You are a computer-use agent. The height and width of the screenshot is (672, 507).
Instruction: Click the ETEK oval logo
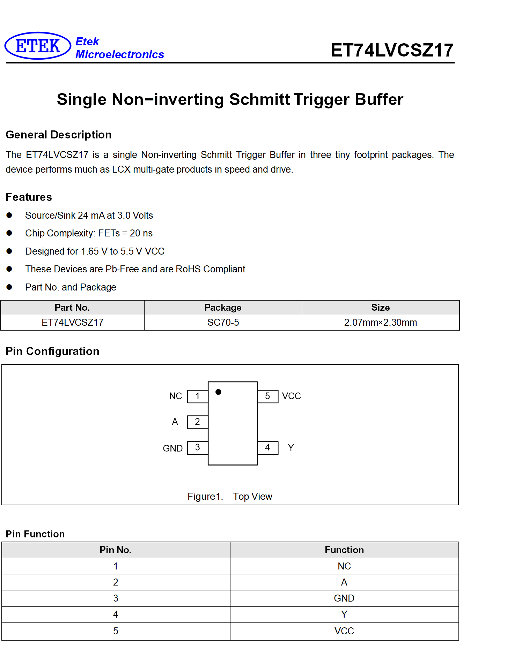click(x=38, y=46)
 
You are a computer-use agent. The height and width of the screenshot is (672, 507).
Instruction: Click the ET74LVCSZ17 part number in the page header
click(x=392, y=50)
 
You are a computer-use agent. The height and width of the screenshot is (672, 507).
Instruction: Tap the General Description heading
click(x=59, y=135)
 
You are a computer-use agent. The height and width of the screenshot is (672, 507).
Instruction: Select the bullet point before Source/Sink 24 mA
click(x=9, y=215)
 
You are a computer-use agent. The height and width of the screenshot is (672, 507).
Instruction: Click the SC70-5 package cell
click(x=223, y=323)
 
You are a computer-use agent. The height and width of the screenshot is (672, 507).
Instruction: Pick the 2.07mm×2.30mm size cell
click(x=381, y=323)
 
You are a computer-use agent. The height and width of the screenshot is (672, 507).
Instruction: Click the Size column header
click(x=381, y=308)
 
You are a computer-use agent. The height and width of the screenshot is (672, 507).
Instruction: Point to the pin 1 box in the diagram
click(x=198, y=397)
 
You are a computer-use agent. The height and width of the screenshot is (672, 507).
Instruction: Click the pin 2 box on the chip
click(x=198, y=422)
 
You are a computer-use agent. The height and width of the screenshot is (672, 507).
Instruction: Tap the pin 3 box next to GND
click(x=198, y=448)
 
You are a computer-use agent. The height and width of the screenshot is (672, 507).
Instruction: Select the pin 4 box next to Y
click(x=268, y=448)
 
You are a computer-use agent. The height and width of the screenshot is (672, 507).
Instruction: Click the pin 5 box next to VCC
click(x=268, y=397)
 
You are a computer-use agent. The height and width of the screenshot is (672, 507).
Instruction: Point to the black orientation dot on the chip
click(x=219, y=392)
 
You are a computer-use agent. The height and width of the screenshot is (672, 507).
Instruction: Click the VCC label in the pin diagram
click(x=292, y=396)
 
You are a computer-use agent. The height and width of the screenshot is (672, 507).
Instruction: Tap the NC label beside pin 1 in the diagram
click(x=176, y=396)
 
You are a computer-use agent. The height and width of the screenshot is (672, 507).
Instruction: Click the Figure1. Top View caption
click(x=230, y=496)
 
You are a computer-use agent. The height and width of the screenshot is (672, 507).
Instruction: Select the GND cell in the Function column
click(x=344, y=598)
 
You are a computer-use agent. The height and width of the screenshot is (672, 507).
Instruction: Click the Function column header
click(x=344, y=550)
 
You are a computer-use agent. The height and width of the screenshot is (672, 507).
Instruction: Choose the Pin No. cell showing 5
click(x=116, y=631)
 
